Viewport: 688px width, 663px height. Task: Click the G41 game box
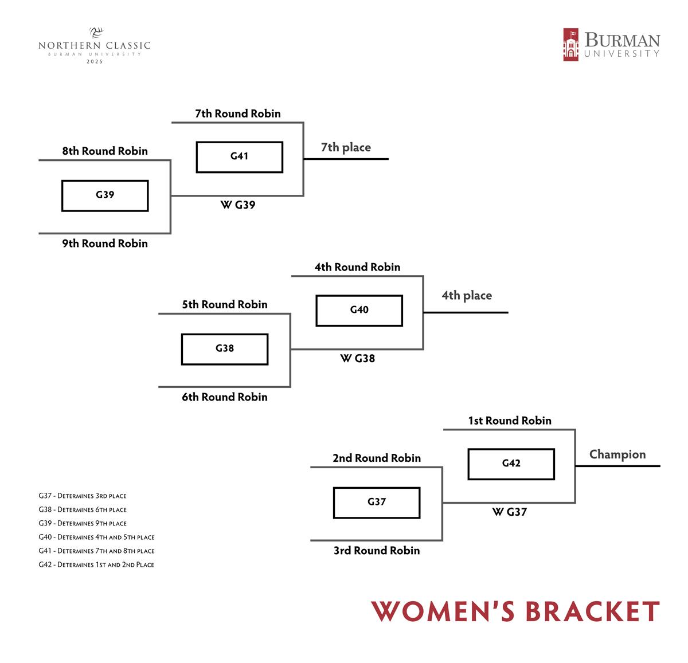point(239,156)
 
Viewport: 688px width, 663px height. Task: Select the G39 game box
point(105,195)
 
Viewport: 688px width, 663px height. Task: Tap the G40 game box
point(359,310)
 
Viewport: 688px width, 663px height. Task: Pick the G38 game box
point(224,348)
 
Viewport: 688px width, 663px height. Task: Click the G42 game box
point(511,464)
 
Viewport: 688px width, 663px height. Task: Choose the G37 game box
point(376,502)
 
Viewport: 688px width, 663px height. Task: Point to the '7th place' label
point(345,147)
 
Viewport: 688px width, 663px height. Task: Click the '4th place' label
point(466,296)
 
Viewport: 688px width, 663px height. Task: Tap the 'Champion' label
point(617,454)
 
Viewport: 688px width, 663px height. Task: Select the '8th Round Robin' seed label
point(105,151)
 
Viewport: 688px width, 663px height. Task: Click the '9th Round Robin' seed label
point(105,244)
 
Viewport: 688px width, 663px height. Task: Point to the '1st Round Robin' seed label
point(509,421)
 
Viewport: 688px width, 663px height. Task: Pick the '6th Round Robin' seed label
point(224,397)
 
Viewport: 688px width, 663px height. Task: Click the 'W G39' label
point(237,205)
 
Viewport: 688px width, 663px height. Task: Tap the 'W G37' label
point(509,512)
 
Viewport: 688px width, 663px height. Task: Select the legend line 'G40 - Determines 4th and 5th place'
point(96,537)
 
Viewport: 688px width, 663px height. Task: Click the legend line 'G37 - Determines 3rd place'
point(83,496)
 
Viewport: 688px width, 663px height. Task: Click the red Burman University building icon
point(570,45)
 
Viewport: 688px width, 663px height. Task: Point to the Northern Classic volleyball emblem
point(95,32)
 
